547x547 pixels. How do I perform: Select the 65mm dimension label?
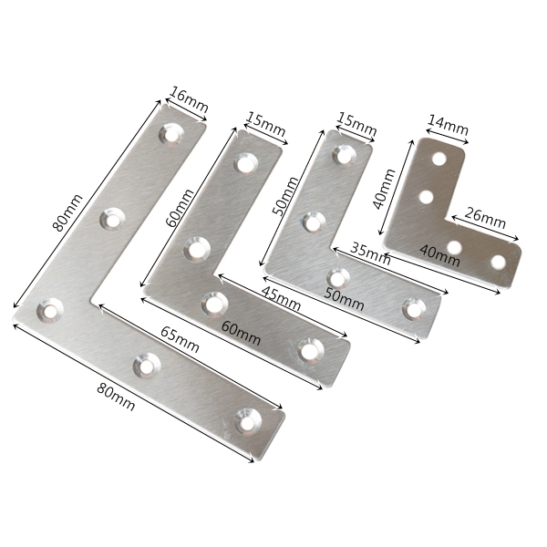click(180, 339)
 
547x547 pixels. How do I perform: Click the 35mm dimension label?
click(370, 253)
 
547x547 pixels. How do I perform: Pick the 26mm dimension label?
click(485, 218)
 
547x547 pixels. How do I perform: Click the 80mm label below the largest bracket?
click(116, 397)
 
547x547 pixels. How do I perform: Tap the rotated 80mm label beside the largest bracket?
click(67, 212)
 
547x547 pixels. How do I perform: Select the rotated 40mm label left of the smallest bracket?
click(384, 189)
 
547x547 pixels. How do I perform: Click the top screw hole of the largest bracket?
click(171, 134)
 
